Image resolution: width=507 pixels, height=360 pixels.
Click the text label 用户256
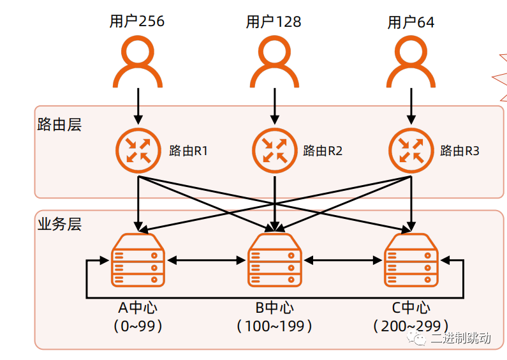coord(136,22)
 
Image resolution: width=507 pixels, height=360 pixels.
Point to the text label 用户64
coord(411,22)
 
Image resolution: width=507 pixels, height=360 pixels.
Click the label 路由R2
coord(323,151)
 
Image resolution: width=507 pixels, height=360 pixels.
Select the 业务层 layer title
coord(59,225)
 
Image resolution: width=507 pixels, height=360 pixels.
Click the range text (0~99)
coord(138,326)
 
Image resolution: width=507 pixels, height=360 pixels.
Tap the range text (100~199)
coord(274,326)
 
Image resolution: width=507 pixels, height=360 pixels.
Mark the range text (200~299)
coord(411,326)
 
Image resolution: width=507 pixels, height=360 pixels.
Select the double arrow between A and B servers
coord(206,260)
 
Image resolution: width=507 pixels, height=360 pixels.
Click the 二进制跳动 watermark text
coord(460,338)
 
